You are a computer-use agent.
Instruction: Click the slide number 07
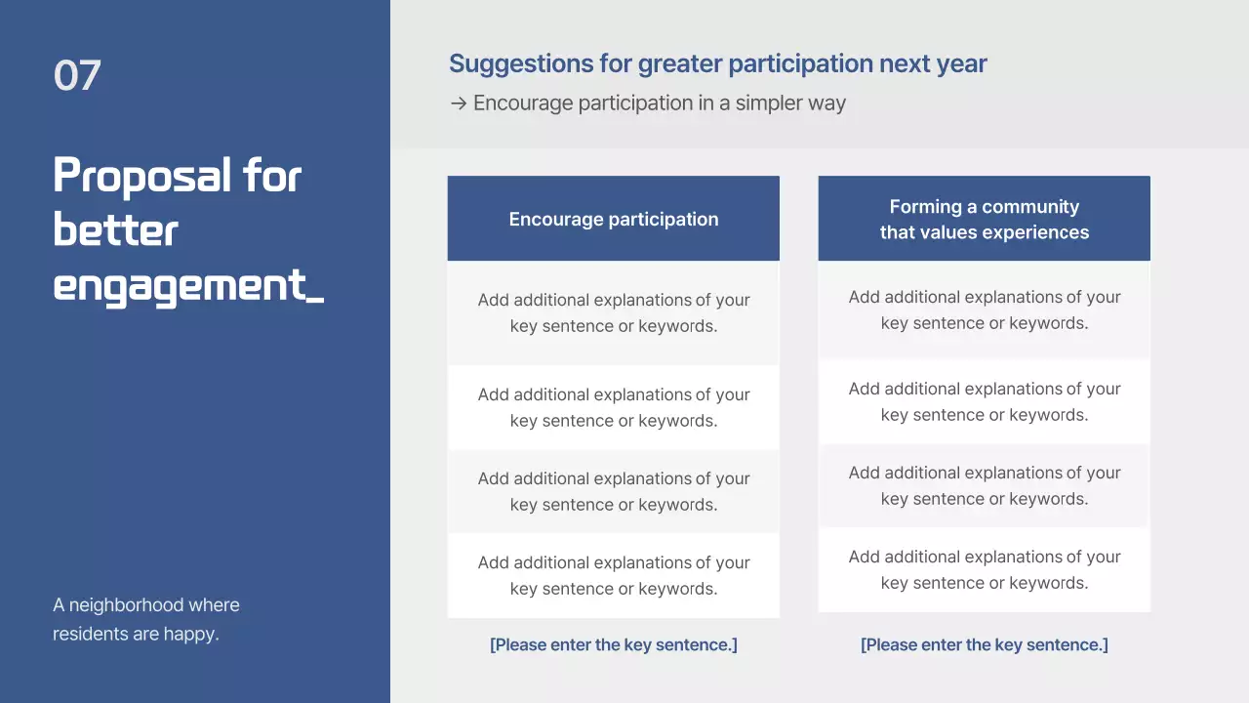[77, 76]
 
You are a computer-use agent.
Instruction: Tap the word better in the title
[115, 231]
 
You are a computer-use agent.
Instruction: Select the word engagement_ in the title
[187, 286]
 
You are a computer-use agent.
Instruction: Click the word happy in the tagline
[193, 634]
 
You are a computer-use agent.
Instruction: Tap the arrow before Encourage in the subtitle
[458, 103]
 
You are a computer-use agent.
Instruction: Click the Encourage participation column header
[614, 220]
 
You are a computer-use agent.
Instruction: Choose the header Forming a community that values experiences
[984, 220]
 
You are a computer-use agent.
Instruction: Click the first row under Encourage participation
[614, 313]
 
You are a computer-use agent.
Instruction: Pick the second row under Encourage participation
[614, 407]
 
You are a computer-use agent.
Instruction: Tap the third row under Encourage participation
[614, 491]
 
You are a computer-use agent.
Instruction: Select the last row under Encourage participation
[614, 575]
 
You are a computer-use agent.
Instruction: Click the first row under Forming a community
[984, 310]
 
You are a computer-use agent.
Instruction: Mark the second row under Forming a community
[984, 401]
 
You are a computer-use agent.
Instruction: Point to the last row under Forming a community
[984, 569]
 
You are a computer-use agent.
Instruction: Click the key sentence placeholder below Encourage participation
[614, 644]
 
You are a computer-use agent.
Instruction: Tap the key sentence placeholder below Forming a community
[984, 644]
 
